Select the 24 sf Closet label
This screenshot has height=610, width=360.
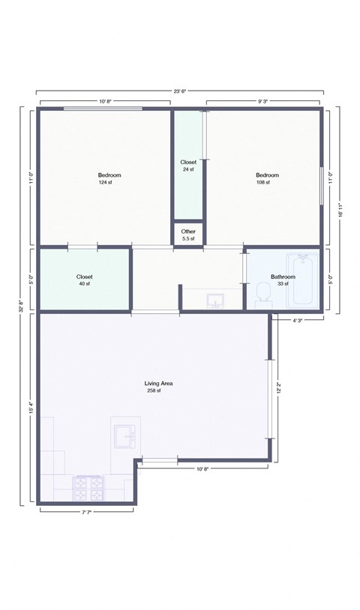[x=188, y=169]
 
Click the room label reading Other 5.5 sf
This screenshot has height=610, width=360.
[x=188, y=235]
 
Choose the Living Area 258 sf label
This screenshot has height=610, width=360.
[x=154, y=387]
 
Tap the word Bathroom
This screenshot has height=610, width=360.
[x=283, y=277]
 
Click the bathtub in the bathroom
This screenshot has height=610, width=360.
[x=304, y=280]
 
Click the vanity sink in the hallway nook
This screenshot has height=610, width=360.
[x=216, y=301]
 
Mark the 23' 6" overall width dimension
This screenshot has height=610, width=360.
[x=180, y=91]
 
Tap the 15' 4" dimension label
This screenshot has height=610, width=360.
[x=31, y=409]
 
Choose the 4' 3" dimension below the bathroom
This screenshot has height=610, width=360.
[x=298, y=321]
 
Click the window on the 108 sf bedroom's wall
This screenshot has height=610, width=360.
[x=322, y=185]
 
